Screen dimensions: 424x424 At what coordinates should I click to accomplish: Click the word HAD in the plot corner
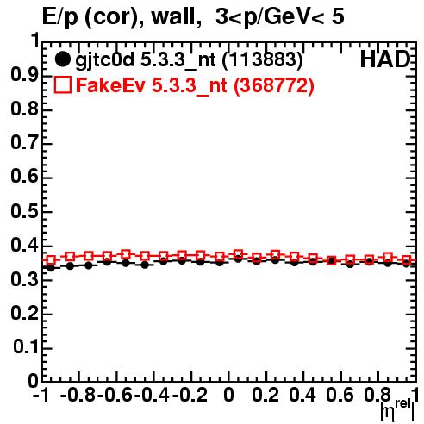coord(385,59)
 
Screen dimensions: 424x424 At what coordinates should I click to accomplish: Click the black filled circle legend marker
coord(62,59)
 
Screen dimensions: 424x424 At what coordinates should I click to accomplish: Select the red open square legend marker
coord(62,85)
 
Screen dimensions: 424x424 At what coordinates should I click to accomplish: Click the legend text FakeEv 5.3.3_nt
coord(152,85)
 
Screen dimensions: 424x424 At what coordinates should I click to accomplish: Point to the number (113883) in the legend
coord(263,60)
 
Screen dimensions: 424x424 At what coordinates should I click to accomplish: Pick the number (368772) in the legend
coord(274,85)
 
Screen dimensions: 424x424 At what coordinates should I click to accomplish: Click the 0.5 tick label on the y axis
coord(24,212)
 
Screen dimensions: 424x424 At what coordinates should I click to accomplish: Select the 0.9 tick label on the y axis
coord(24,75)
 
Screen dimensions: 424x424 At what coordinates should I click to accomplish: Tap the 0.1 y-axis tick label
coord(26,347)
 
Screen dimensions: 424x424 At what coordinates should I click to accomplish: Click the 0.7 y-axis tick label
coord(24,143)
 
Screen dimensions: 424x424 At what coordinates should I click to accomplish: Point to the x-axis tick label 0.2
coord(265,396)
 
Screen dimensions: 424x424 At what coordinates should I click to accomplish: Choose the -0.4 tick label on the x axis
coord(153,396)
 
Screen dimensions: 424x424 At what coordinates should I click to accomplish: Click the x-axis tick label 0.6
coord(340,396)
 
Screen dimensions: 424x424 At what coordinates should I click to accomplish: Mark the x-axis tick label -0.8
coord(78,396)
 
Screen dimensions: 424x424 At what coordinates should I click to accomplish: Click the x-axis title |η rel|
coord(397,410)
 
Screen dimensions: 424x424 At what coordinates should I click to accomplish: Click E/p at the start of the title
coord(60,18)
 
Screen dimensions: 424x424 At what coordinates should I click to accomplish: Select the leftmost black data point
coord(51,268)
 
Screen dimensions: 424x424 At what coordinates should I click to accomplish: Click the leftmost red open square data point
coord(51,260)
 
